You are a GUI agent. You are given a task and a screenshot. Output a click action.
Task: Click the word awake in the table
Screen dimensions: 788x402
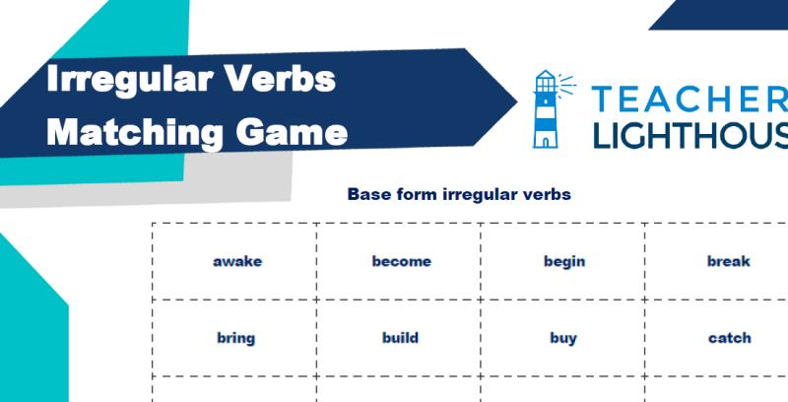click(x=237, y=262)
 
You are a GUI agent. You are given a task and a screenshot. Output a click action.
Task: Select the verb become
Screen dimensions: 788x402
click(x=402, y=261)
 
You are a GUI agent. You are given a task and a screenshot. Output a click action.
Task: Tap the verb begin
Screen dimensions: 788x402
click(x=564, y=262)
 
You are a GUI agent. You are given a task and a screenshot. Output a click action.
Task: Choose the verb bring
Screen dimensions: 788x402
click(x=235, y=339)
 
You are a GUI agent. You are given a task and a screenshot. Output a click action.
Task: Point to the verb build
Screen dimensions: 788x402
click(x=400, y=338)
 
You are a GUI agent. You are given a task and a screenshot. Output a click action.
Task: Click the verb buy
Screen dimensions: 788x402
click(x=562, y=339)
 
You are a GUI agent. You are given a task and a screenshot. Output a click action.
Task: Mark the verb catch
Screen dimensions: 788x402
click(x=729, y=338)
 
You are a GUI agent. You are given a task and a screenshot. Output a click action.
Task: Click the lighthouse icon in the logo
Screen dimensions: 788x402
click(x=546, y=109)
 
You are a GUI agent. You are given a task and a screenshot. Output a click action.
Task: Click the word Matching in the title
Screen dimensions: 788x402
click(x=134, y=134)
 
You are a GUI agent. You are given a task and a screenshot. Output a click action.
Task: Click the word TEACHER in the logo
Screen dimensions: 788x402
click(x=689, y=99)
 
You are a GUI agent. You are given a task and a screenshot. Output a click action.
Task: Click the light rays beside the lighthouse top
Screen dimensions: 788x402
click(x=567, y=84)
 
